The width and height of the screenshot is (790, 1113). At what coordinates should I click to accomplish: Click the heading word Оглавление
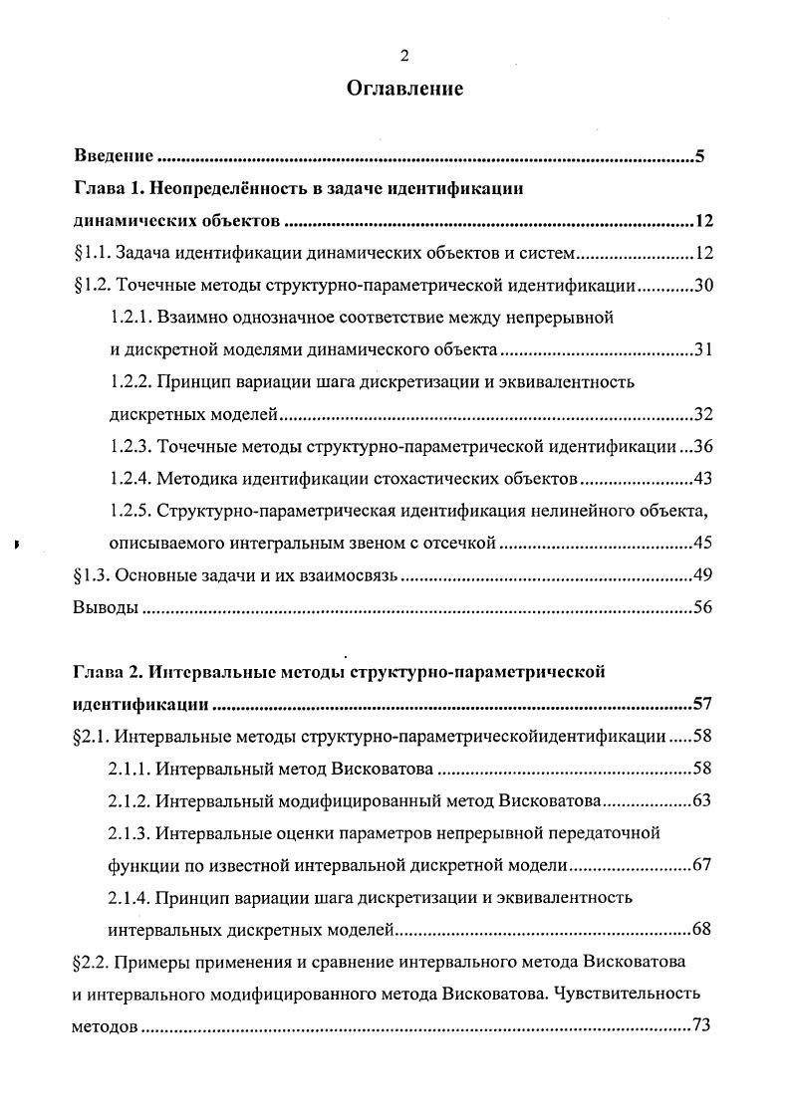tap(404, 90)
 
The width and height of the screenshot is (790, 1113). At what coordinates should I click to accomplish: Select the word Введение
tap(114, 156)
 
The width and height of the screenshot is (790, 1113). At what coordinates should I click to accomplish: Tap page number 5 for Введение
tap(700, 156)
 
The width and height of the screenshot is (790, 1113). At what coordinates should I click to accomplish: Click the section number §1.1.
tap(92, 254)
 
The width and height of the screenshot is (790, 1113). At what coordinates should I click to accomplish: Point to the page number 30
tap(704, 287)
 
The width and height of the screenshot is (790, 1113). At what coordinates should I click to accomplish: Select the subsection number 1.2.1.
tap(130, 319)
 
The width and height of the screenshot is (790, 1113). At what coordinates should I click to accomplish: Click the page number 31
tap(704, 351)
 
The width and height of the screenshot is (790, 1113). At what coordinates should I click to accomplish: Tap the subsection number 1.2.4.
tap(130, 479)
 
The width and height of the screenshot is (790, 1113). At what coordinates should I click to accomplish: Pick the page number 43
tap(704, 479)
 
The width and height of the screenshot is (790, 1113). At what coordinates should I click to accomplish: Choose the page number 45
tap(704, 545)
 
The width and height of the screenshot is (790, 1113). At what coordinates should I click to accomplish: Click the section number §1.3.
tap(92, 576)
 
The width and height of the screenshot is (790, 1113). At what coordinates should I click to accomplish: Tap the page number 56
tap(704, 608)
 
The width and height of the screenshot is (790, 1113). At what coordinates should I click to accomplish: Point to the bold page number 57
tap(703, 705)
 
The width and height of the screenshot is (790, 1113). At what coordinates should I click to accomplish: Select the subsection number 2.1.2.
tap(130, 800)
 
